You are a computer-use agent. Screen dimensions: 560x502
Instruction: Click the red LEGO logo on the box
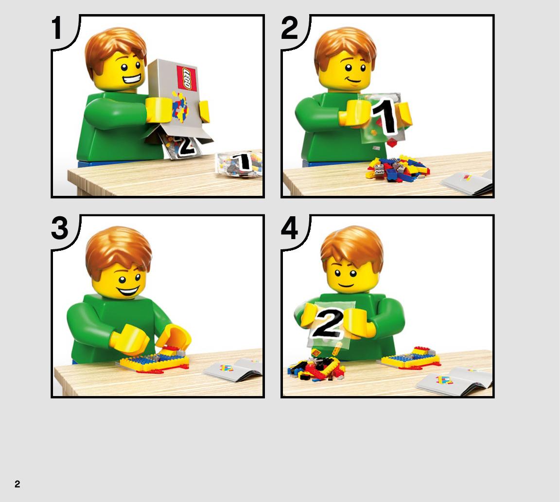click(187, 78)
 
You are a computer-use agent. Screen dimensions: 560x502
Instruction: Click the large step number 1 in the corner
click(57, 28)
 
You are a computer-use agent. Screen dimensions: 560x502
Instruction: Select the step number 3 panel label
click(60, 228)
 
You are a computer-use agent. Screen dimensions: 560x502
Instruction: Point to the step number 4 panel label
click(289, 228)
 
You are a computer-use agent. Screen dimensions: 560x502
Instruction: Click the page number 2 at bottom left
click(17, 484)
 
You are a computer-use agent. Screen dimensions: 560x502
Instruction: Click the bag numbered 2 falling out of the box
click(180, 146)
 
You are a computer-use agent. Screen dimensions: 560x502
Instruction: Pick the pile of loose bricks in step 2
click(397, 168)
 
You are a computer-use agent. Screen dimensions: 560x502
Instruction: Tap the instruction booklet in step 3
click(233, 370)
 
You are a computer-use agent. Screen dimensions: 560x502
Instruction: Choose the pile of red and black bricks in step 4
click(316, 368)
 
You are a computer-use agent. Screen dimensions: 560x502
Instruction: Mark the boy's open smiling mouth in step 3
click(128, 291)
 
